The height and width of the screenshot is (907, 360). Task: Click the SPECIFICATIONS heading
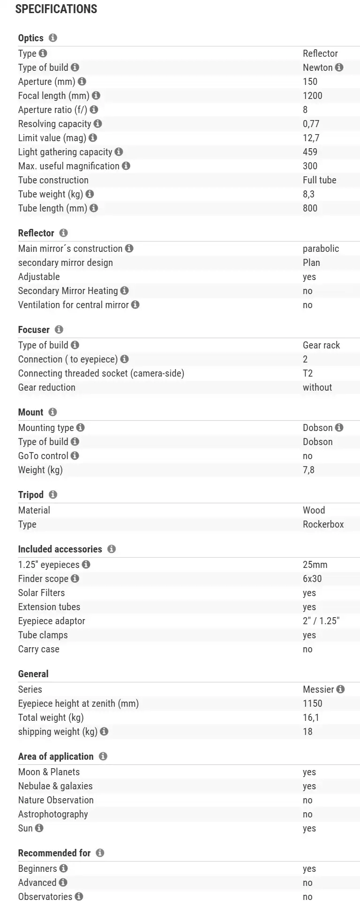pos(56,9)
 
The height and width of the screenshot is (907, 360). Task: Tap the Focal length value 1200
pos(312,96)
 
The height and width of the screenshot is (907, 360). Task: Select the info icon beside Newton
pos(339,68)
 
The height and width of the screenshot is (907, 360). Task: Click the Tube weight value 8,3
pos(308,194)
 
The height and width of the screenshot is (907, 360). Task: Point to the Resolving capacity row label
pos(54,124)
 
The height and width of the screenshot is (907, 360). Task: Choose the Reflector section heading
pos(36,233)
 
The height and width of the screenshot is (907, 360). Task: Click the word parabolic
pos(321,249)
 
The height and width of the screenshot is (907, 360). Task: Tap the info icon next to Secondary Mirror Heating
pos(124,291)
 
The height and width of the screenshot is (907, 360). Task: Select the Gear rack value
pos(321,345)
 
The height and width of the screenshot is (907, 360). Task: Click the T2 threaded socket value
pos(307,373)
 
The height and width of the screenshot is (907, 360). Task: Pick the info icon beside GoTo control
pos(75,456)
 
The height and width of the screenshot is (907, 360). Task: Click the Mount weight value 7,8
pos(308,470)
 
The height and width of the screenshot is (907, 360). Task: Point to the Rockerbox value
pos(323,524)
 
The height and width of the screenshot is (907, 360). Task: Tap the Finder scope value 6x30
pos(312,579)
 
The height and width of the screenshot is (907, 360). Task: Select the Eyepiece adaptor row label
pos(52,621)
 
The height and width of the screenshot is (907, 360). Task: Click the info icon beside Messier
pos(341,689)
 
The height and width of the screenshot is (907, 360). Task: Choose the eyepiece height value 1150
pos(312,703)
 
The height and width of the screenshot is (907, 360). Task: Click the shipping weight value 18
pos(307,732)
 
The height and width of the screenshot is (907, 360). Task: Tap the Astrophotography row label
pos(53,814)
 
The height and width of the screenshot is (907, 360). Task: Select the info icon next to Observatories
pos(79,897)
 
